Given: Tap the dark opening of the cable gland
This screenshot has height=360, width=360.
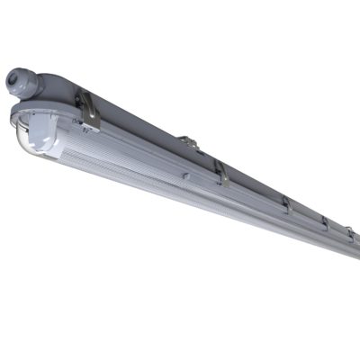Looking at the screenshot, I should (12, 80).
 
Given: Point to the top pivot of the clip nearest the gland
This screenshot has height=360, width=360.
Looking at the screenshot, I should (84, 95).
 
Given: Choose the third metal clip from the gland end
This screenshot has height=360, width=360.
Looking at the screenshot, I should (285, 205).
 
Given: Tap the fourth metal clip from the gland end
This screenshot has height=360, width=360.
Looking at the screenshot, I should (323, 222).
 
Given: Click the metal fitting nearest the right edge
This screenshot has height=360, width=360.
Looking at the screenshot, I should (350, 233).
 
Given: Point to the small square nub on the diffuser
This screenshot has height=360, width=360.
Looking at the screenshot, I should (185, 176).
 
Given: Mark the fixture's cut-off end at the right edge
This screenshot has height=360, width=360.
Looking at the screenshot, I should (356, 247).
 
